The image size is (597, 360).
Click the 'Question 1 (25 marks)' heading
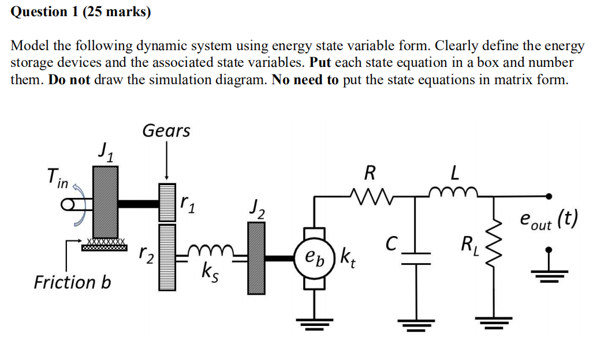[x=81, y=12]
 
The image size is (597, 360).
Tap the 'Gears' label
[x=166, y=131]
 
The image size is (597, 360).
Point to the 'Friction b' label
[x=72, y=282]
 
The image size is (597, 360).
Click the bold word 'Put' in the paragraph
[x=322, y=62]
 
